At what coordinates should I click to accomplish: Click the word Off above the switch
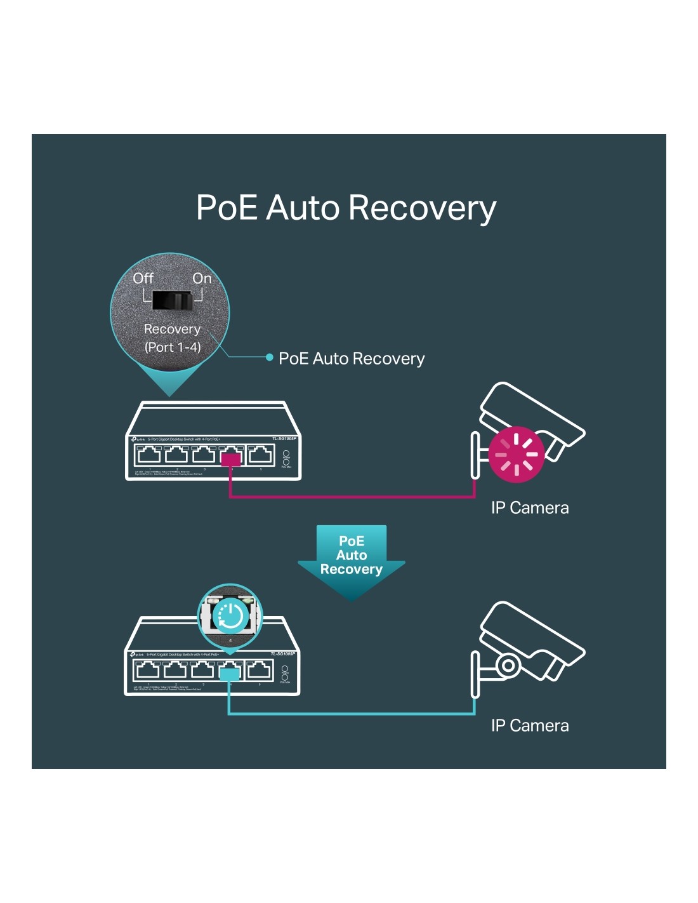[143, 278]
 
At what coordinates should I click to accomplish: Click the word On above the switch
[202, 278]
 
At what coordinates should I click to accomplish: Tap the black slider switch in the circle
[172, 301]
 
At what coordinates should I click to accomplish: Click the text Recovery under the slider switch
[172, 329]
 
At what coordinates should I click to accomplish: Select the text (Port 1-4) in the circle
[172, 347]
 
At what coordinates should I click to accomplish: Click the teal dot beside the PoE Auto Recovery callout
[270, 358]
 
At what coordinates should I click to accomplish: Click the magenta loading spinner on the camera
[517, 454]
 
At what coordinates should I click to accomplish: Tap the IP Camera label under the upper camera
[530, 508]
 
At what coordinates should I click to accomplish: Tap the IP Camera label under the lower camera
[530, 726]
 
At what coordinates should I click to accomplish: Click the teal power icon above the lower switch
[230, 615]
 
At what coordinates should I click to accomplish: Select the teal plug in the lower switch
[229, 672]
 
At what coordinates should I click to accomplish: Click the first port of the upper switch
[149, 454]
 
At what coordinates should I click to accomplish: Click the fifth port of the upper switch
[260, 454]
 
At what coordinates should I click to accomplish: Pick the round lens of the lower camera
[508, 665]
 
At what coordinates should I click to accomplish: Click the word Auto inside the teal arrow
[352, 556]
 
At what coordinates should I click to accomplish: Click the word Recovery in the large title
[422, 208]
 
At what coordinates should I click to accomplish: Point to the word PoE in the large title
[227, 208]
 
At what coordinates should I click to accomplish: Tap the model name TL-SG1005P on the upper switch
[284, 439]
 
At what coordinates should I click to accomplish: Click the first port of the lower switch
[148, 669]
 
